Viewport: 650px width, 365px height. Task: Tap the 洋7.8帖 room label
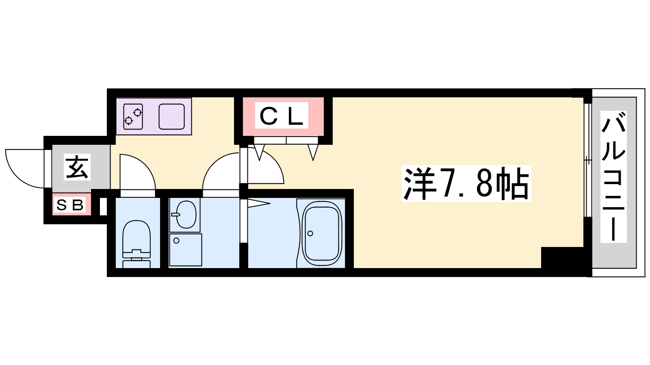pyautogui.click(x=466, y=183)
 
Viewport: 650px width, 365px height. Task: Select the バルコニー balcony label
pyautogui.click(x=613, y=177)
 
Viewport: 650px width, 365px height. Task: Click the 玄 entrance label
pyautogui.click(x=77, y=167)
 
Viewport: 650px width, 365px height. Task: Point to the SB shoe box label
pyautogui.click(x=70, y=205)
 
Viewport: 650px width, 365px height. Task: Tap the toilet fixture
pyautogui.click(x=136, y=244)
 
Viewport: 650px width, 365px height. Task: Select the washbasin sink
pyautogui.click(x=186, y=215)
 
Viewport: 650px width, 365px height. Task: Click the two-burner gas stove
pyautogui.click(x=133, y=116)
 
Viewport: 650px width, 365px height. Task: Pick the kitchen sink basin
pyautogui.click(x=171, y=116)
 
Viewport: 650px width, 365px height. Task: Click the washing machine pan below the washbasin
pyautogui.click(x=185, y=250)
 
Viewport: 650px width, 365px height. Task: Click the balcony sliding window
pyautogui.click(x=587, y=160)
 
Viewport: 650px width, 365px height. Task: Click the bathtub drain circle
pyautogui.click(x=310, y=234)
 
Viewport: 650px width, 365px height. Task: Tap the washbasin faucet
pyautogui.click(x=176, y=215)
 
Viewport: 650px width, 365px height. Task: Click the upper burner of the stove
pyautogui.click(x=137, y=112)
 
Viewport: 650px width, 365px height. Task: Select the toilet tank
pyautogui.click(x=136, y=264)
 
